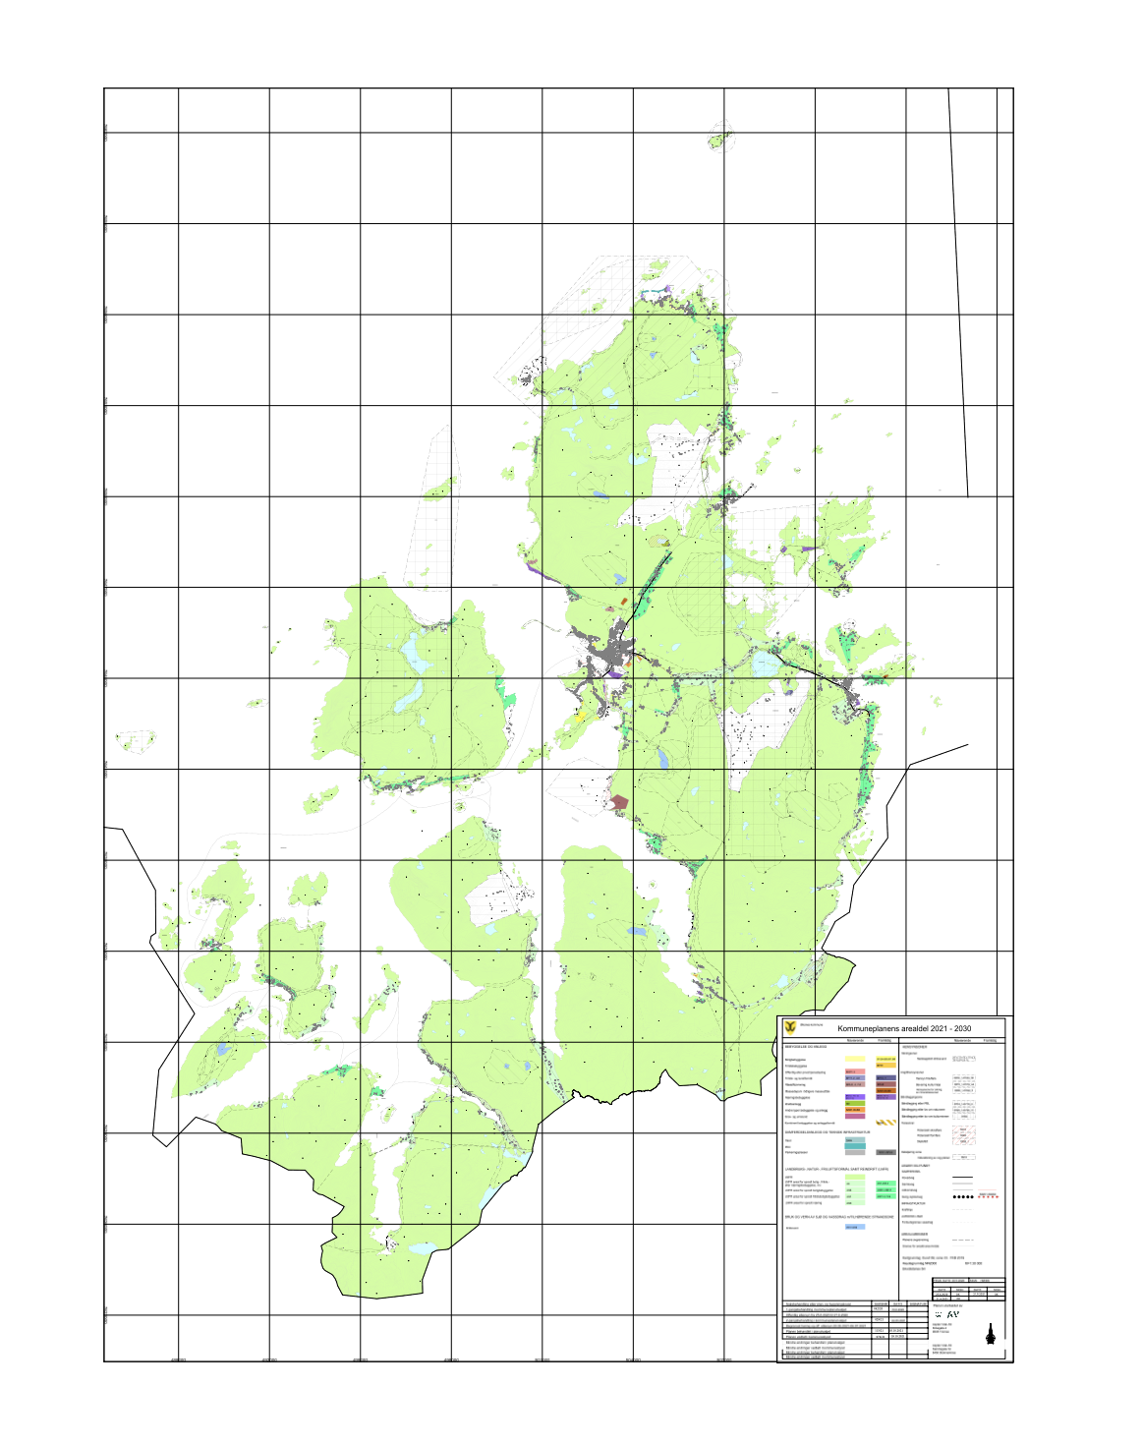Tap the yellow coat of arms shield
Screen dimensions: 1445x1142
(791, 1027)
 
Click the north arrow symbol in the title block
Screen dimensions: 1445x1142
(991, 1334)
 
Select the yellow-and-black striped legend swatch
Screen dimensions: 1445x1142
(885, 1123)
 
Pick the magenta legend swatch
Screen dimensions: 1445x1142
(854, 1116)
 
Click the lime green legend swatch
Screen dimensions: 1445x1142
(855, 1177)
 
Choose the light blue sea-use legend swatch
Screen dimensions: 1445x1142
(855, 1227)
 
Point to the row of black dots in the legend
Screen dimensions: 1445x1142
(962, 1197)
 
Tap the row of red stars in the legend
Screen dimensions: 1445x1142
(989, 1197)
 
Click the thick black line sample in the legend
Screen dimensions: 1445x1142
(962, 1177)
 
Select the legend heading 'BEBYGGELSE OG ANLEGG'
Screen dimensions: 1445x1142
(806, 1047)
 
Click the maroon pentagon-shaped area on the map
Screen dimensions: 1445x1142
(618, 803)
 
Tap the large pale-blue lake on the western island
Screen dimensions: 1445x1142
(413, 659)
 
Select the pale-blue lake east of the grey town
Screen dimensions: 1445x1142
(766, 665)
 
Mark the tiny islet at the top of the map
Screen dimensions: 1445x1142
(717, 141)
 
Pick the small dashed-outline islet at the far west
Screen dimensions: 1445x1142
(135, 738)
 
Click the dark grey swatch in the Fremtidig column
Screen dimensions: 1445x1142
(885, 1152)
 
